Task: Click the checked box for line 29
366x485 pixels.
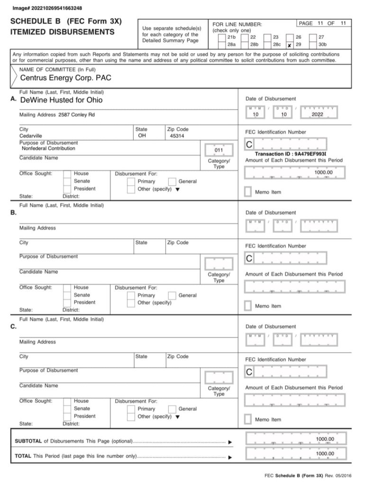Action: [290, 46]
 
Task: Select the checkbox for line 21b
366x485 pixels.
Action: [221, 37]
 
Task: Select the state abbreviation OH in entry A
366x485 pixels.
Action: [142, 136]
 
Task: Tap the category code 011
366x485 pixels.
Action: [219, 151]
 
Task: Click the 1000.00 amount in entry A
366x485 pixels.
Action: [323, 173]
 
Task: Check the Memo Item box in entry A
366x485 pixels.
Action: [248, 192]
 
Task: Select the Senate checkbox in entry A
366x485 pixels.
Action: [67, 181]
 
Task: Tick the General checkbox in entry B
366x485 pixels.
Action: [173, 295]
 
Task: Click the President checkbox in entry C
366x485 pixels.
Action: [67, 416]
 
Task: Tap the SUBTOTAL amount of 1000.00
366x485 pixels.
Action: [325, 439]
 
